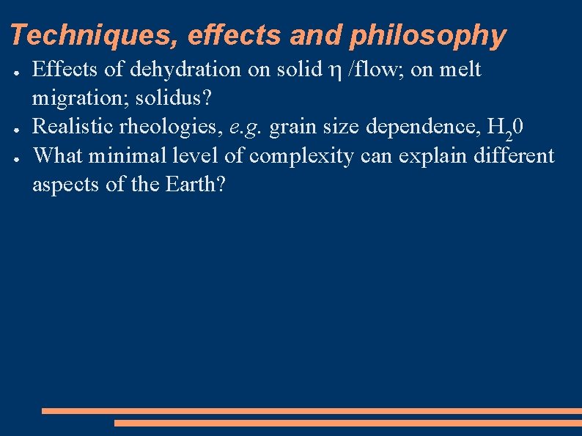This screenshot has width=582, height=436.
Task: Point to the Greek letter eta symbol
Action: pyautogui.click(x=335, y=71)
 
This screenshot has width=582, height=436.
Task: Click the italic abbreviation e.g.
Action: pyautogui.click(x=247, y=128)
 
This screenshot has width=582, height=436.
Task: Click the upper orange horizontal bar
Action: pyautogui.click(x=312, y=411)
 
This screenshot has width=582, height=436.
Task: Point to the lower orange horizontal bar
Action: pyautogui.click(x=347, y=423)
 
